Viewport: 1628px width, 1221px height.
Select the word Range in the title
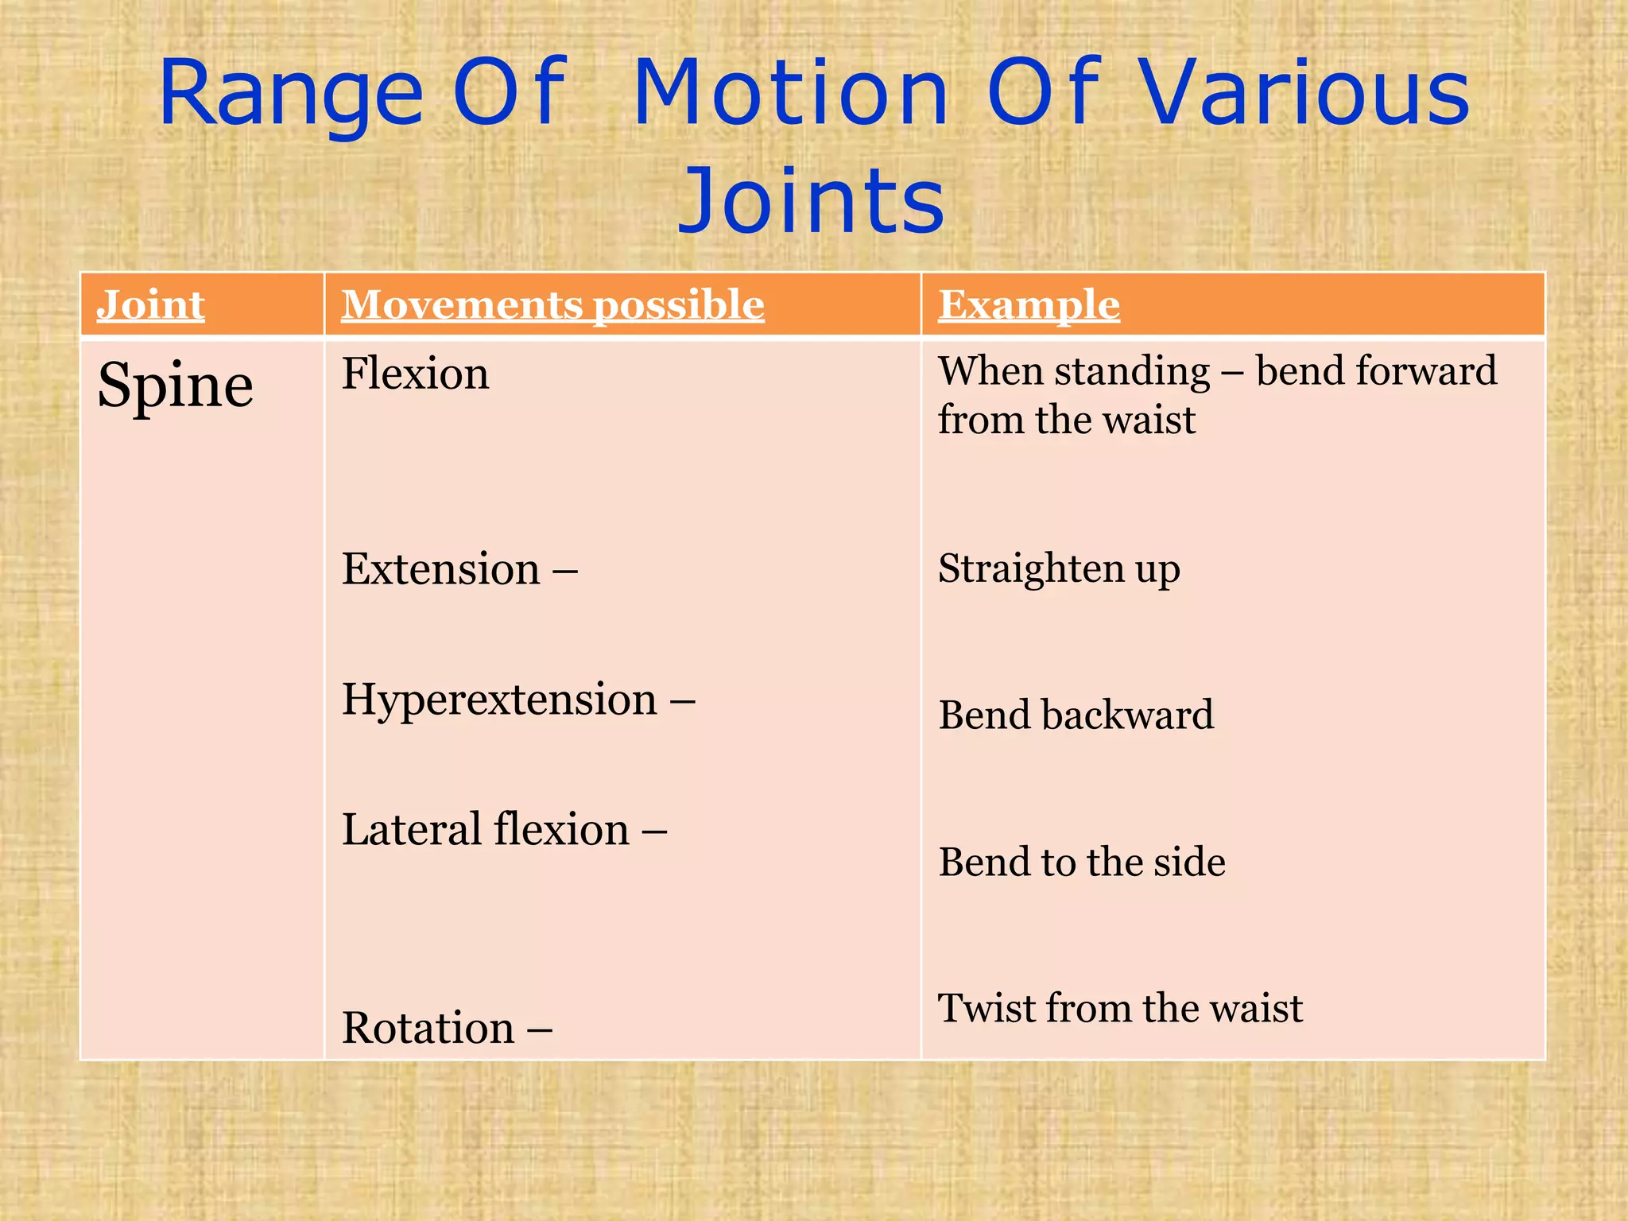(x=290, y=95)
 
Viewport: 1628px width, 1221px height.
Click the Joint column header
(x=151, y=305)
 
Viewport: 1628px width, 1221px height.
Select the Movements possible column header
(x=552, y=305)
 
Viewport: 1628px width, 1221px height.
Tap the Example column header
(x=1029, y=305)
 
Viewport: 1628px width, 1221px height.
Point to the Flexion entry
(x=415, y=374)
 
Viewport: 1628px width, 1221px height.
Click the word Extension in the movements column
(x=441, y=569)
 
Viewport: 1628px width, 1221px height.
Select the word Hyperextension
(x=499, y=700)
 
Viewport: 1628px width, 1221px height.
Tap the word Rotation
(x=428, y=1028)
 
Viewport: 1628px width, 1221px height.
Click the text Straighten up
(x=1059, y=569)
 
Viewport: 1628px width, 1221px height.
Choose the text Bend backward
(x=1076, y=715)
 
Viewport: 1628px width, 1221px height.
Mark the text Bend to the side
(x=1081, y=862)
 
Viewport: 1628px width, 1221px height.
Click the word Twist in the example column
(x=986, y=1008)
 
